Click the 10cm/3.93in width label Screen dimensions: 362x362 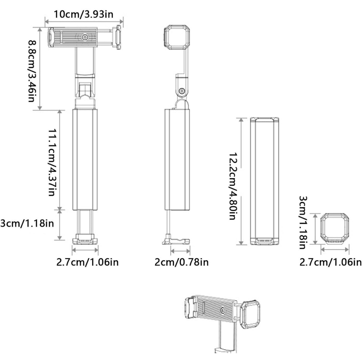coord(83,14)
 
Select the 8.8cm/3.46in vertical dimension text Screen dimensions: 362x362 coord(32,71)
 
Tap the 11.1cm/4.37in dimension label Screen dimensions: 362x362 coord(52,162)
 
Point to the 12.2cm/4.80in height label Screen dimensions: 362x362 coord(233,186)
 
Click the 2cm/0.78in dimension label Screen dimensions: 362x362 coord(181,262)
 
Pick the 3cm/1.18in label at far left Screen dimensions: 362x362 coord(27,223)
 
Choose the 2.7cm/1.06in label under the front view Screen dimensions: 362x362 coord(87,262)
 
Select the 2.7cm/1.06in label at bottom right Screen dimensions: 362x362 coord(330,262)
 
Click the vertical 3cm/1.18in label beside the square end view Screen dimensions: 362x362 coord(303,223)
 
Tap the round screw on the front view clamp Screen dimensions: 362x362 coord(85,37)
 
